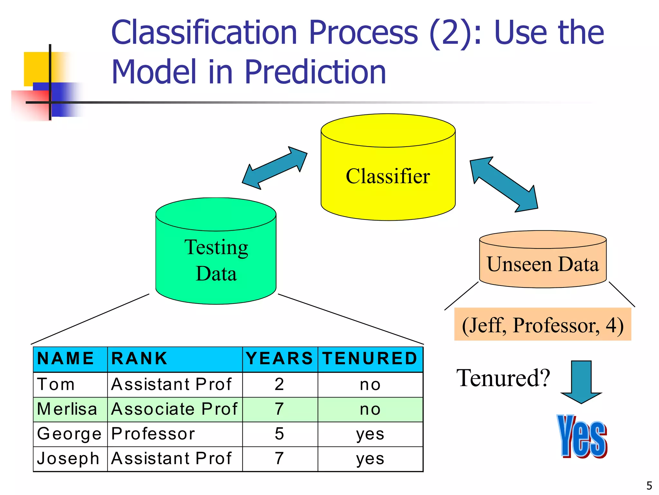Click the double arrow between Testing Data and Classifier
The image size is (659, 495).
click(x=275, y=168)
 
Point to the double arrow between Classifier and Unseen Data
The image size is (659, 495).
click(x=504, y=185)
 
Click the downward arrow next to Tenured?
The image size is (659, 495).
click(x=581, y=382)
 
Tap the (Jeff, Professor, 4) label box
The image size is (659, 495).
click(x=543, y=325)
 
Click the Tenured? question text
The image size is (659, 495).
click(x=503, y=378)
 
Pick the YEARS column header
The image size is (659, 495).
click(x=280, y=359)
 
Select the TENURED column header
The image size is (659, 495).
click(x=370, y=359)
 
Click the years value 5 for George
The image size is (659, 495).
click(x=280, y=434)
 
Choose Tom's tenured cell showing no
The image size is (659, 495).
click(x=370, y=384)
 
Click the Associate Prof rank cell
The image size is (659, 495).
click(x=174, y=409)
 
